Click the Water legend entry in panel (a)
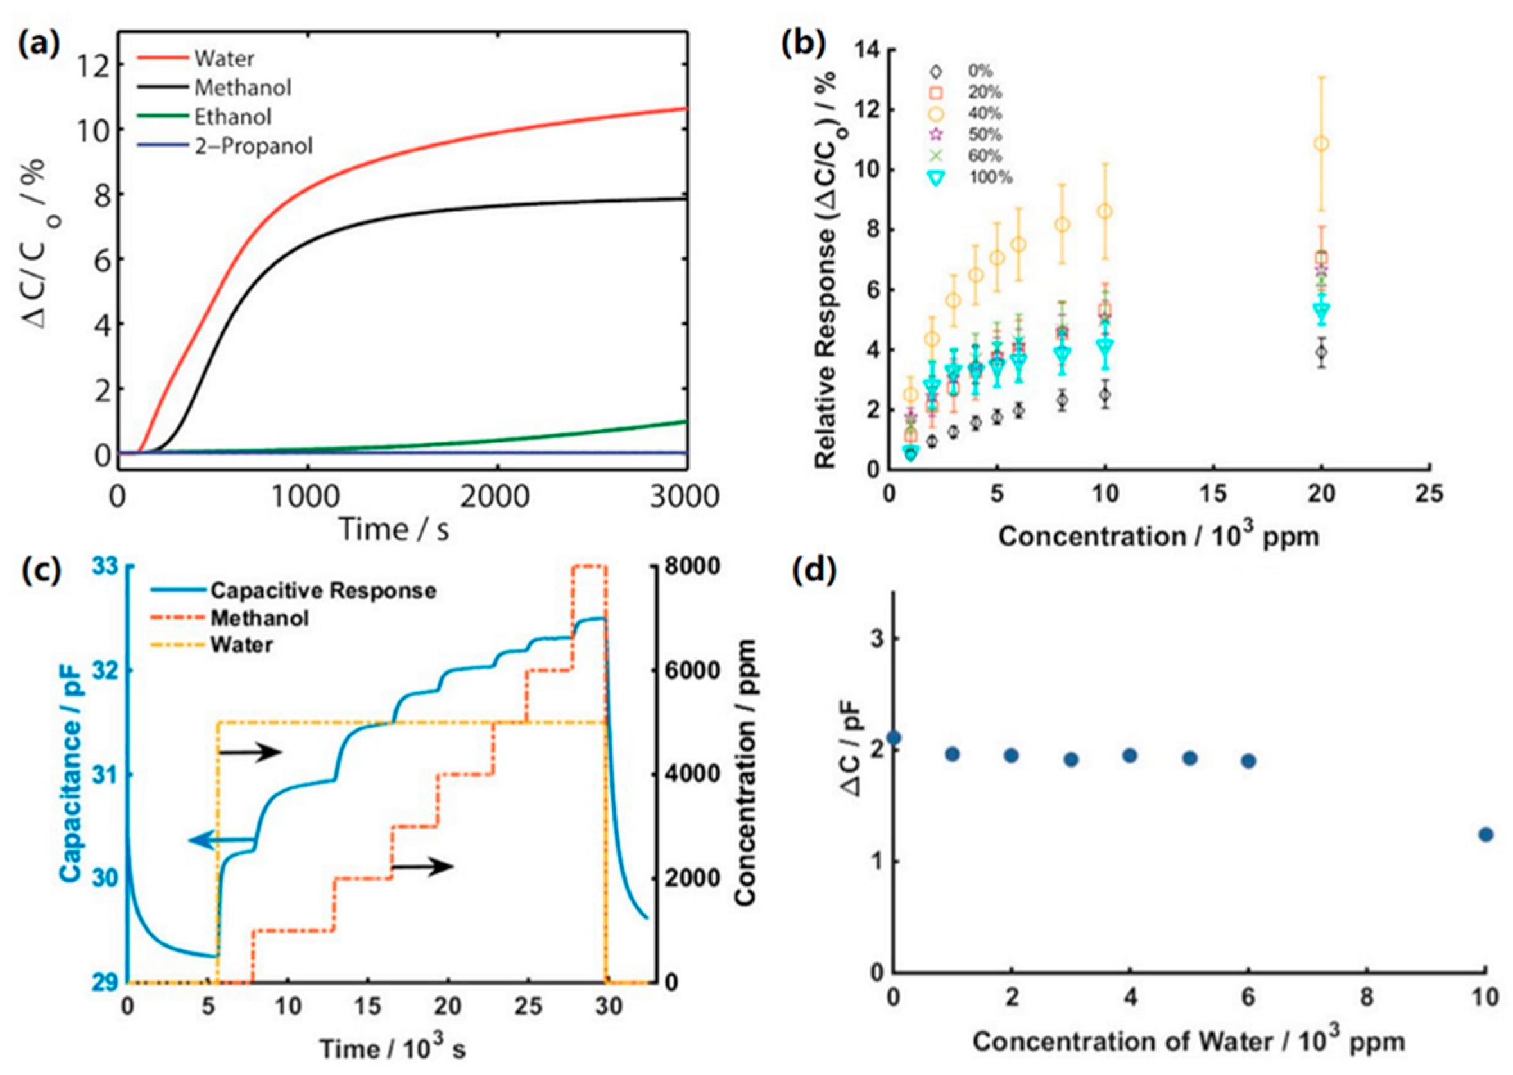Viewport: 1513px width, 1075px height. (x=224, y=58)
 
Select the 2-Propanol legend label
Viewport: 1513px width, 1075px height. (x=253, y=146)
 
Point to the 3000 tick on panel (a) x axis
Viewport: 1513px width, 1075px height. (x=684, y=496)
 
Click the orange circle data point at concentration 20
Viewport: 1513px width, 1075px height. (x=1321, y=144)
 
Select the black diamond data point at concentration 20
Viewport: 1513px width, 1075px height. (x=1321, y=352)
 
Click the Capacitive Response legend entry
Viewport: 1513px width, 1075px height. (x=322, y=590)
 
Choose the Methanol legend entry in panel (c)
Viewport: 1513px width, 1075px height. (x=259, y=618)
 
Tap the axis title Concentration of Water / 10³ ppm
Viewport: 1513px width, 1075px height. (x=1188, y=1041)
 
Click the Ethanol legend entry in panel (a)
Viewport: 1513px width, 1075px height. (x=232, y=117)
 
